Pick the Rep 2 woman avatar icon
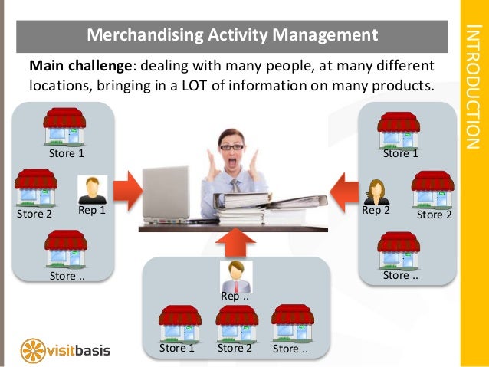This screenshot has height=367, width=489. tap(376, 192)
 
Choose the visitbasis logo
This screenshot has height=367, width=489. tap(66, 349)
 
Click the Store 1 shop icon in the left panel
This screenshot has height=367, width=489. tap(65, 127)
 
